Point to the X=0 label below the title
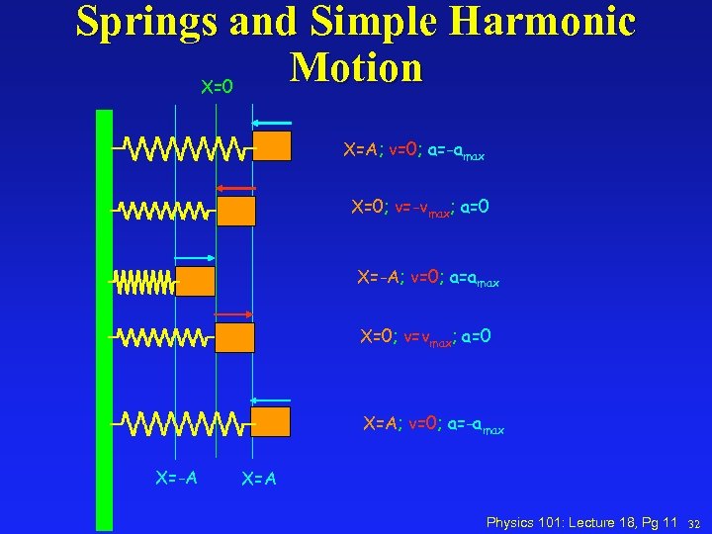point(217,87)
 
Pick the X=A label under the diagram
point(259,480)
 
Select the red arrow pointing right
point(235,313)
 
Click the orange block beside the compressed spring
point(196,282)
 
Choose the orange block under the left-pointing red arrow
point(235,212)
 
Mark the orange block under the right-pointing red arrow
point(235,338)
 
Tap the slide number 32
point(694,522)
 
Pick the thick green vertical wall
point(104,316)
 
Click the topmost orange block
point(272,146)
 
